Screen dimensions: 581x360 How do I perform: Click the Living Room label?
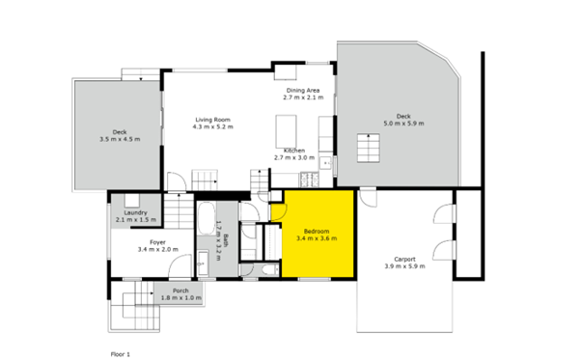point(213,120)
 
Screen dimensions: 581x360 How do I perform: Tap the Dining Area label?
point(303,91)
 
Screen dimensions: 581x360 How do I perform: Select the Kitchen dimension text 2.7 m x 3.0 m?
point(294,157)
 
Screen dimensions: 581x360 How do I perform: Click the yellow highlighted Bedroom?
point(318,234)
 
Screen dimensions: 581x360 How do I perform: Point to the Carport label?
point(404,260)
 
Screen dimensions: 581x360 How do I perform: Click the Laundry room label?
point(136,212)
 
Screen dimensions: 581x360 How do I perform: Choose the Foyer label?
point(158,242)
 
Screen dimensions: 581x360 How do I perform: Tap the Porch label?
point(180,291)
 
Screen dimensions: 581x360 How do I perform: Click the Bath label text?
point(226,240)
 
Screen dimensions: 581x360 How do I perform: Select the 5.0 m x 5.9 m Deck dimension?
point(403,124)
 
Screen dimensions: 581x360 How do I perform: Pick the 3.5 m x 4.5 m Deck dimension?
point(120,139)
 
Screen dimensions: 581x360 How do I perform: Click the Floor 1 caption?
point(121,354)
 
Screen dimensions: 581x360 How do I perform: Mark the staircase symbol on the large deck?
point(369,148)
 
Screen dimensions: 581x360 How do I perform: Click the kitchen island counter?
point(286,131)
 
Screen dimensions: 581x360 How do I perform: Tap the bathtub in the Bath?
point(206,218)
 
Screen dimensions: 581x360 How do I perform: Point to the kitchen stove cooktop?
point(310,180)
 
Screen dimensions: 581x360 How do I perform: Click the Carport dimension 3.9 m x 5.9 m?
point(404,266)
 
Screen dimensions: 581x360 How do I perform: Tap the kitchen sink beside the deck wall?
point(325,163)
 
